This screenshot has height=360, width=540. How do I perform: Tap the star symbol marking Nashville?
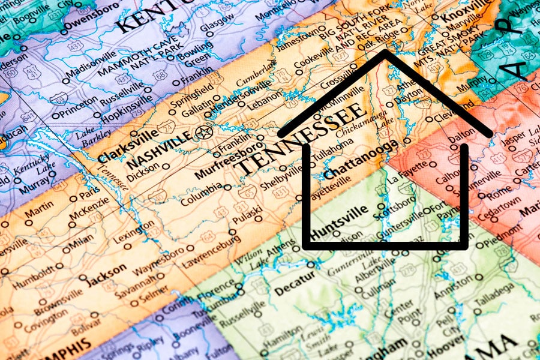pyautogui.click(x=204, y=133)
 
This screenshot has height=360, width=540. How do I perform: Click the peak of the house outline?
pyautogui.click(x=384, y=53)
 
